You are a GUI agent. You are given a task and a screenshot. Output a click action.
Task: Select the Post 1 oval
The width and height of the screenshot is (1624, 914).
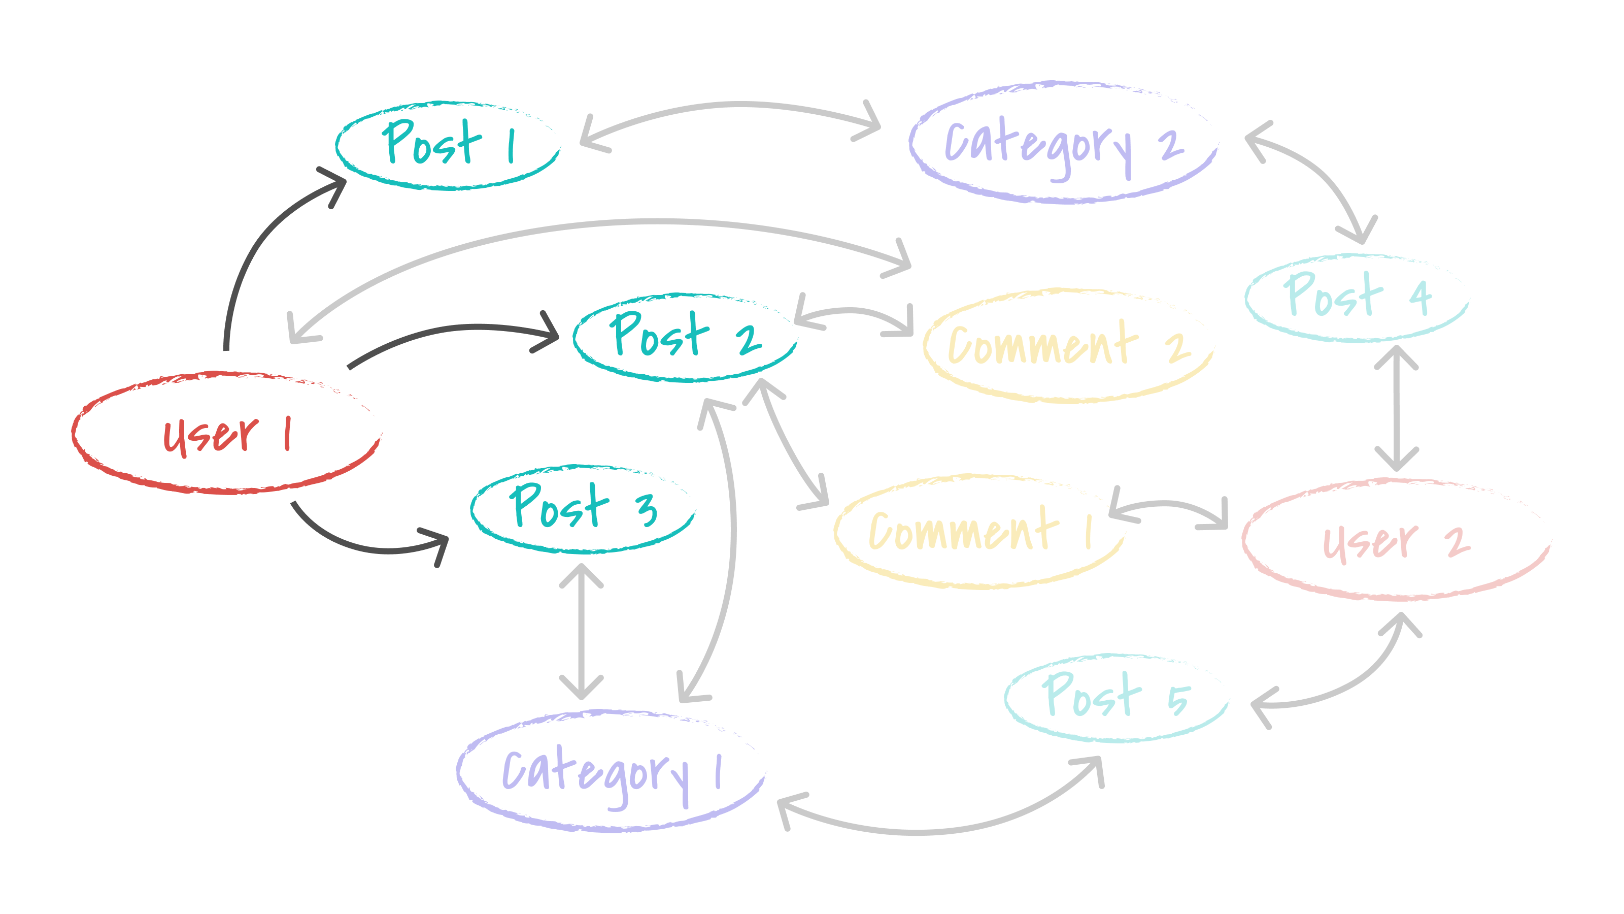click(448, 145)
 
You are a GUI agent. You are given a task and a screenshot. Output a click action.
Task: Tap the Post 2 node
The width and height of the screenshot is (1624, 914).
click(685, 338)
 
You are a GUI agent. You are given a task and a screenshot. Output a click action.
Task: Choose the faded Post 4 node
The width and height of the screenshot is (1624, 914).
click(1358, 298)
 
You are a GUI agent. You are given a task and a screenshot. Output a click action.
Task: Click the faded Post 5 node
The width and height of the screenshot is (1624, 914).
click(1116, 698)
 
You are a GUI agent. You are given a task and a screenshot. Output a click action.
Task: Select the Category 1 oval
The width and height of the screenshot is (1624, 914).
click(610, 771)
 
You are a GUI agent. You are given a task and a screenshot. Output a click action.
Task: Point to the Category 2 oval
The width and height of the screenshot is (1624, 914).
click(1064, 143)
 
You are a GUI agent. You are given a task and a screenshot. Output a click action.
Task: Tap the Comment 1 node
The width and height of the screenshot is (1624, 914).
click(978, 532)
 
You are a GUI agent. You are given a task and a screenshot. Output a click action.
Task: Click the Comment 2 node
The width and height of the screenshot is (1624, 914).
click(1067, 346)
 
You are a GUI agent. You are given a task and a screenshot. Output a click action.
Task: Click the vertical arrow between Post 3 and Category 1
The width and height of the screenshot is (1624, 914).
click(581, 631)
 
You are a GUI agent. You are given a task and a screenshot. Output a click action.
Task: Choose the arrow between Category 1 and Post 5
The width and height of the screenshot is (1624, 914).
click(933, 831)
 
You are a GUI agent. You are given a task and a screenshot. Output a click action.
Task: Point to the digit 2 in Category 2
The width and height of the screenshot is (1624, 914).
click(1171, 144)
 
